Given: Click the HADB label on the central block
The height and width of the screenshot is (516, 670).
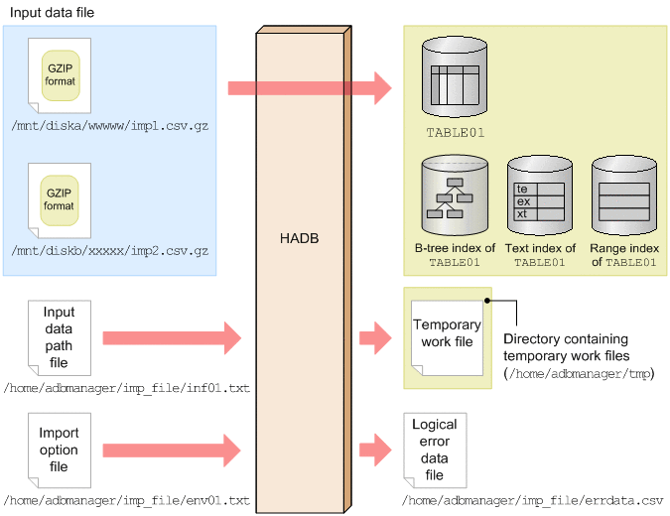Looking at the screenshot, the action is [x=299, y=238].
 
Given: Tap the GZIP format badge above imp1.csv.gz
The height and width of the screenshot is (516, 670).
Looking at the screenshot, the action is [x=61, y=75].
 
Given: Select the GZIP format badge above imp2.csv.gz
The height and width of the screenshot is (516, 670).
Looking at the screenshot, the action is [x=60, y=200].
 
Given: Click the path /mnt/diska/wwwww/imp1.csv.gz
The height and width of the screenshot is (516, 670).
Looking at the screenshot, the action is [x=110, y=126].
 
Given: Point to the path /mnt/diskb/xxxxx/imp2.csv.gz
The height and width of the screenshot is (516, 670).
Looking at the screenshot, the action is [x=110, y=250].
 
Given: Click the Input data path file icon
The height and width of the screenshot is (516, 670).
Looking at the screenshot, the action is [x=60, y=337].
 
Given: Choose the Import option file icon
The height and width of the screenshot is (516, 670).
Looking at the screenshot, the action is [x=60, y=451].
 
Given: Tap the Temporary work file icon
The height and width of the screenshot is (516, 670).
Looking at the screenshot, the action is [x=447, y=337].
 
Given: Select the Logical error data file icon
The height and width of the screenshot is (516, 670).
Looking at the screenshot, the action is [x=435, y=451].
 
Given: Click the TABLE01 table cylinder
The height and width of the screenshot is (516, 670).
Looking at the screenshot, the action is [x=455, y=76].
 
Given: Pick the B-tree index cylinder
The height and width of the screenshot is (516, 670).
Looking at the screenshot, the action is [x=455, y=195].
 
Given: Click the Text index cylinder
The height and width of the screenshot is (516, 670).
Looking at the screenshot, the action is [x=540, y=195].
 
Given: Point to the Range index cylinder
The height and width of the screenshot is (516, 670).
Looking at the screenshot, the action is [x=624, y=195].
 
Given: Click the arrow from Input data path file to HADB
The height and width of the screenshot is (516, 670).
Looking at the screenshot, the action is [x=172, y=338].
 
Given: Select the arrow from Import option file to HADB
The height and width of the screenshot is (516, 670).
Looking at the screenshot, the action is [x=172, y=451].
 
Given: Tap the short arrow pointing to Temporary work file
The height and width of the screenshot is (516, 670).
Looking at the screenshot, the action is [x=375, y=338].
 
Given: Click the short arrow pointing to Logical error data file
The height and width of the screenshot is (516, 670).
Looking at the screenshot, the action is [x=375, y=450].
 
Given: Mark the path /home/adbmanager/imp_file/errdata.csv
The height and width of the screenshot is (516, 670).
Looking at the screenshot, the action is [x=532, y=501].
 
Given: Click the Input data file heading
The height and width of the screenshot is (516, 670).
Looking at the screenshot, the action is [x=52, y=12].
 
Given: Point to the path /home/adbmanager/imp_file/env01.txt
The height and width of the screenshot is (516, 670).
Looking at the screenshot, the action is [x=126, y=501].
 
